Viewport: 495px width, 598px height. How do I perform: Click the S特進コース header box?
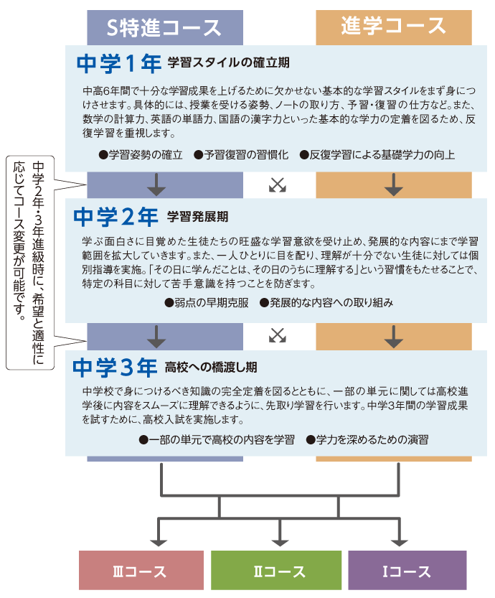coord(165,27)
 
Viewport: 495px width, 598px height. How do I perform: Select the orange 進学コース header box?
coord(394,27)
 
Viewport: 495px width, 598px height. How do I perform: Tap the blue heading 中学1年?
coord(119,63)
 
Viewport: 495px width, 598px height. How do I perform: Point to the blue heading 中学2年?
coord(115,217)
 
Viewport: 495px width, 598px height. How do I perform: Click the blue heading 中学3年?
coord(115,368)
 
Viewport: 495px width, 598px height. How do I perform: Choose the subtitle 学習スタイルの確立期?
coord(229,62)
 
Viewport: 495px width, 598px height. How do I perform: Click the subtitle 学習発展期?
coord(198,217)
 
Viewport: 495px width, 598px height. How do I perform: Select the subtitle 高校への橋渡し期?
coord(211,367)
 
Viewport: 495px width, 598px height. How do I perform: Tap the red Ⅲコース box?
coord(141,570)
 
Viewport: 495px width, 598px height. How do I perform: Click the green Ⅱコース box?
coord(276,570)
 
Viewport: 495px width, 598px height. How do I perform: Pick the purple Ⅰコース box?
coord(407,570)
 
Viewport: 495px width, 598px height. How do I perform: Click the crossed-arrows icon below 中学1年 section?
coord(278,185)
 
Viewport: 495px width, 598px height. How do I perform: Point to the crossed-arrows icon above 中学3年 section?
coord(278,335)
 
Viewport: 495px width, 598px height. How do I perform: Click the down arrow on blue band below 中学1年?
coord(156,185)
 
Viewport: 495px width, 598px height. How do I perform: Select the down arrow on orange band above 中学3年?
coord(394,337)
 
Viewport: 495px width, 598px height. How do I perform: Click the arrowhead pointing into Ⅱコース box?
coord(280,542)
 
